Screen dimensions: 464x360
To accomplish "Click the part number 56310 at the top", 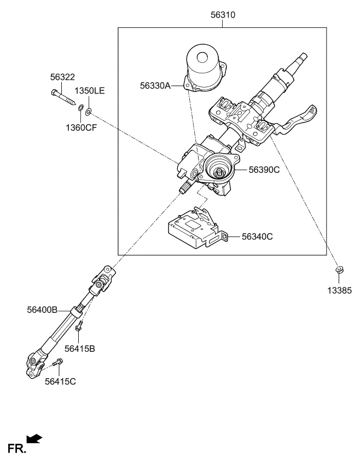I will click(x=223, y=15).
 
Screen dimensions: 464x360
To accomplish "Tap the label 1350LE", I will click(x=89, y=91).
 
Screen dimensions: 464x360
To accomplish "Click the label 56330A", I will click(x=155, y=85).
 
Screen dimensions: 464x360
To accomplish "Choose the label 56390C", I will click(x=264, y=170).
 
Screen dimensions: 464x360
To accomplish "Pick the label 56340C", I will click(x=257, y=236).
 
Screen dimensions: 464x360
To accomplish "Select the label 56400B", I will click(x=42, y=310).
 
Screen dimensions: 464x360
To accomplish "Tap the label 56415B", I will click(x=79, y=348).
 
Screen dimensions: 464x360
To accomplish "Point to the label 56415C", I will click(x=60, y=381).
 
